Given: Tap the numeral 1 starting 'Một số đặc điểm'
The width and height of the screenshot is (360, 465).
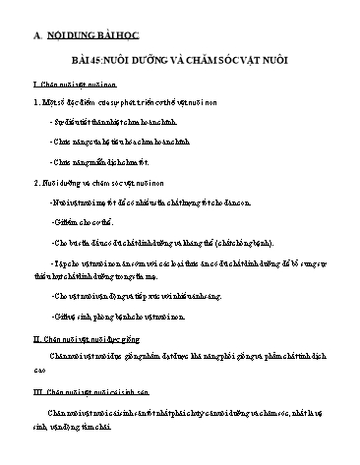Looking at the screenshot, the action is pyautogui.click(x=36, y=101).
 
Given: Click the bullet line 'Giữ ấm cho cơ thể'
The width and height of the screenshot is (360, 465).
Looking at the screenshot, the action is pyautogui.click(x=89, y=209).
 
